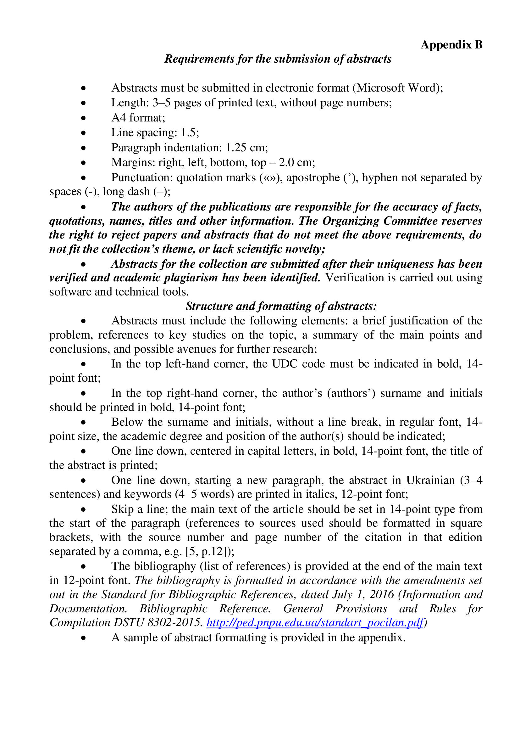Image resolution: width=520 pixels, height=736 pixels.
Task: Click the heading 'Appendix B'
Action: click(451, 45)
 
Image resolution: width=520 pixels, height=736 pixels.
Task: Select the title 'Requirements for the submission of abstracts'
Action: click(278, 59)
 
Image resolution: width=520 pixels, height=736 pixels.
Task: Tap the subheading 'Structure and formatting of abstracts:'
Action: click(281, 306)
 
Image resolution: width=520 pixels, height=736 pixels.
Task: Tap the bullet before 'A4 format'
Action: click(84, 118)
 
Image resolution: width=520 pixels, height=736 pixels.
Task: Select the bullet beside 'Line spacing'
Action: click(84, 133)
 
